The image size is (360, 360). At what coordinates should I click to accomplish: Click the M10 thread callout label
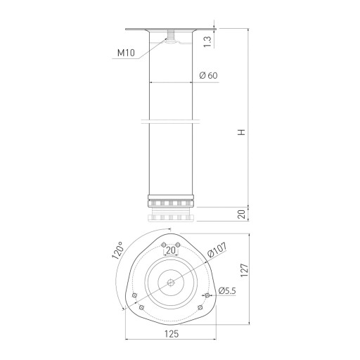(126, 53)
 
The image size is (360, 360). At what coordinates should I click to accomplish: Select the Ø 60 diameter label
(208, 75)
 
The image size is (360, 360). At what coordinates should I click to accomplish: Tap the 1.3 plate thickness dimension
(207, 41)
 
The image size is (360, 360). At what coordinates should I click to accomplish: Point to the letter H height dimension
(241, 132)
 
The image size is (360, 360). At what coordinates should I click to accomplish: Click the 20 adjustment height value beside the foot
(241, 214)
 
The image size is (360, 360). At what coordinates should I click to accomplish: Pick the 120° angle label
(118, 250)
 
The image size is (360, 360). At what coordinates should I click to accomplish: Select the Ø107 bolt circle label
(217, 250)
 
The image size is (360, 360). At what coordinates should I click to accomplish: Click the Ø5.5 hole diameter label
(227, 291)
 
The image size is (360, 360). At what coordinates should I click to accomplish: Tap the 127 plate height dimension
(244, 270)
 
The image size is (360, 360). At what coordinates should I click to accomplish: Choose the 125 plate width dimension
(172, 334)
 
